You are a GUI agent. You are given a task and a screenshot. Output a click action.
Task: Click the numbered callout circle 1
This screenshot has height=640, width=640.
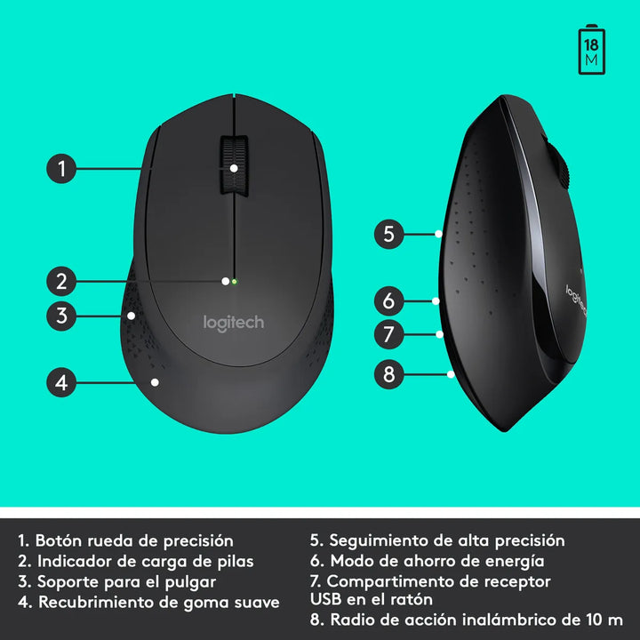60,168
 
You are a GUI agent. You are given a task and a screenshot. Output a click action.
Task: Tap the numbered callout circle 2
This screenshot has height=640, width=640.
60,282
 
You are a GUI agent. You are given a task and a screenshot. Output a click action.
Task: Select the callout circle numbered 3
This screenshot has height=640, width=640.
60,314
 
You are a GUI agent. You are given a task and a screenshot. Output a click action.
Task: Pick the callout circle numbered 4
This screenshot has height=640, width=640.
60,383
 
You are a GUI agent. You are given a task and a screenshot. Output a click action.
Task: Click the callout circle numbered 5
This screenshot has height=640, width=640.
388,235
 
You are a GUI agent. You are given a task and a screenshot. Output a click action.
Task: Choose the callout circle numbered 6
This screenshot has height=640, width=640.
388,300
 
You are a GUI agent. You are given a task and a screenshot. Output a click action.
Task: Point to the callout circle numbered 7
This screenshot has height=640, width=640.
388,334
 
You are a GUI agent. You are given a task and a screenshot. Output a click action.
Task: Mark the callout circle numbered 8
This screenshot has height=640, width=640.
388,374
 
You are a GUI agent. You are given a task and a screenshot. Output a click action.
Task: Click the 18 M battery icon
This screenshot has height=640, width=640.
591,50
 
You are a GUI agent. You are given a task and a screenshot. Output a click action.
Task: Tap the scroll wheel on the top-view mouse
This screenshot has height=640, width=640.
233,165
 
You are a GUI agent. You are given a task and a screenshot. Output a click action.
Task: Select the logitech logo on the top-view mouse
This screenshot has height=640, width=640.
234,323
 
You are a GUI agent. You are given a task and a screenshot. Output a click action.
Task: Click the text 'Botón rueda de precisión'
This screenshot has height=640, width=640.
134,540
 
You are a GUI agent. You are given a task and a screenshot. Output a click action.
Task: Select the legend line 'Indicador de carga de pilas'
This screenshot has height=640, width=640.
145,561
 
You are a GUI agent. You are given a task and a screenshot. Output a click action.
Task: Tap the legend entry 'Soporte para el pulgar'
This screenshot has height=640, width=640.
126,581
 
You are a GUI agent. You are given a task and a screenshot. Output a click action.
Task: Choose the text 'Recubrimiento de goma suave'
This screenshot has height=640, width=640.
157,602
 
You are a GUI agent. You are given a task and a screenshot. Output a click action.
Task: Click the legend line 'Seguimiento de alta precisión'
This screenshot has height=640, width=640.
446,540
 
